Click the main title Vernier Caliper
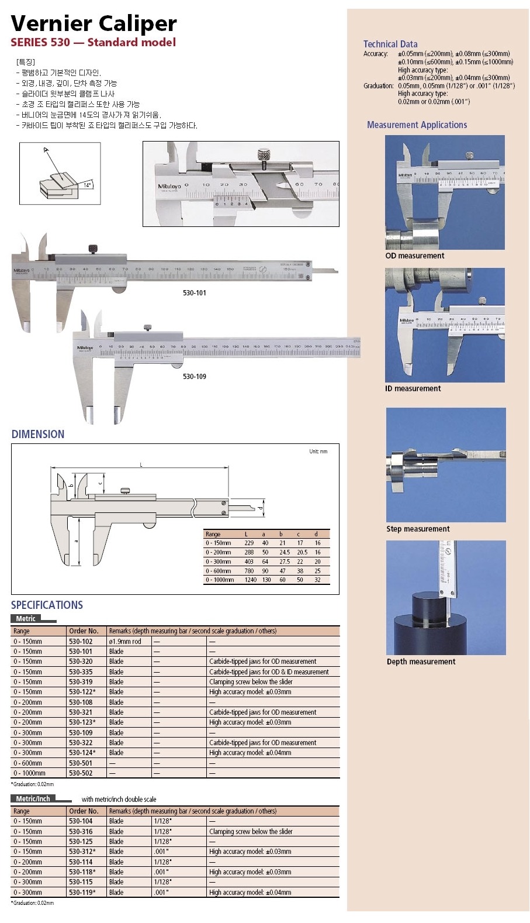coord(93,23)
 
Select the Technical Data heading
coord(390,44)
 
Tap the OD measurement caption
coord(414,256)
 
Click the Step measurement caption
coord(418,529)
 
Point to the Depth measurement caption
coord(421,662)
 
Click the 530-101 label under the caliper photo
coord(195,292)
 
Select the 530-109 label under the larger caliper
coord(195,376)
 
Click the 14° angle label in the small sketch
coord(87,185)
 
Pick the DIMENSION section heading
coord(38,434)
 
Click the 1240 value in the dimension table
coord(250,580)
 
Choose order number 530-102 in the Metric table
coord(81,641)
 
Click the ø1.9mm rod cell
coord(125,641)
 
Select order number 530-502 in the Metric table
coord(81,773)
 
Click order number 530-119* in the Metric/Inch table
coord(82,892)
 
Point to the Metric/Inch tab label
coord(33,798)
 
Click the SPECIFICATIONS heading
coord(47,605)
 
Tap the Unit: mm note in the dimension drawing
coord(318,452)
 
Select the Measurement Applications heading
coord(417,125)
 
